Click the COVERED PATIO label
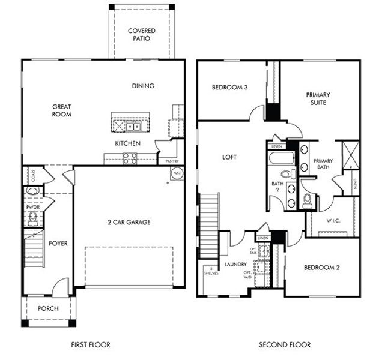pyautogui.click(x=142, y=34)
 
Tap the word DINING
pyautogui.click(x=143, y=86)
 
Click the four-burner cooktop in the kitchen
pyautogui.click(x=130, y=158)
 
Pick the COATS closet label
pyautogui.click(x=25, y=175)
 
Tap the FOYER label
pyautogui.click(x=58, y=244)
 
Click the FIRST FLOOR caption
pyautogui.click(x=90, y=345)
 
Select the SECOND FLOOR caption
pyautogui.click(x=285, y=345)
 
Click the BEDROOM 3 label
pyautogui.click(x=229, y=88)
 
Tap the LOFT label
pyautogui.click(x=229, y=157)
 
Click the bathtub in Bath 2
pyautogui.click(x=281, y=160)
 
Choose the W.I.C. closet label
pyautogui.click(x=333, y=221)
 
